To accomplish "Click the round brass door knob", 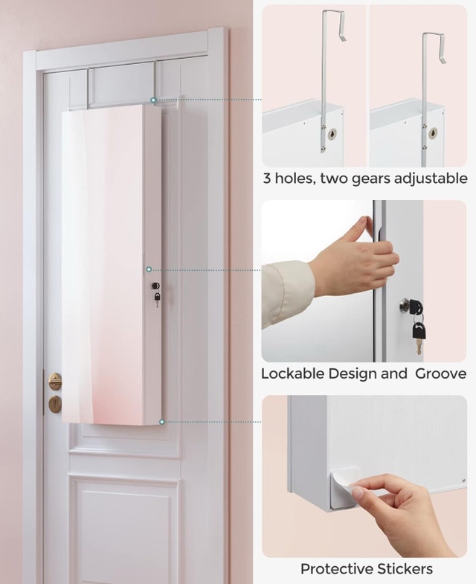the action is coord(55,382).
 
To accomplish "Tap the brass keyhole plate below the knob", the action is coord(55,404).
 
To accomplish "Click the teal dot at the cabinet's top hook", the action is coord(153,100).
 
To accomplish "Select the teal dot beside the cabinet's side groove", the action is coord(149,269).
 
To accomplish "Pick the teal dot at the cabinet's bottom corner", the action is coord(161,422).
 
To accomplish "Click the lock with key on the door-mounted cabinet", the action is coord(156,293).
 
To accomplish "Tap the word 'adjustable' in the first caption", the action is coord(431,179).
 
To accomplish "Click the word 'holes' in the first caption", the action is coord(292,179).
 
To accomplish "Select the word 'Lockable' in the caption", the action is coord(293,373).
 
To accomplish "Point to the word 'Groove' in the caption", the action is coord(440,373).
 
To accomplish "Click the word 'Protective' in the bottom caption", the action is coord(336,568).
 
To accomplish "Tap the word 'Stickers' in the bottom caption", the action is coord(405,568).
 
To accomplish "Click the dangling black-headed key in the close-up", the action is coord(418,335).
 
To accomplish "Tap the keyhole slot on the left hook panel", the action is coord(332,134).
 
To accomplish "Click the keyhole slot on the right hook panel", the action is coord(432,133).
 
